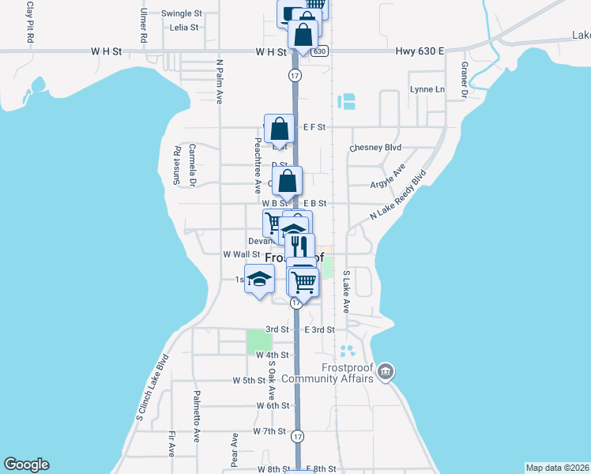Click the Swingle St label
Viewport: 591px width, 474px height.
tap(182, 13)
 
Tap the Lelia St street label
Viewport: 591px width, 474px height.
tap(183, 27)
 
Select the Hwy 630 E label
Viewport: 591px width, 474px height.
tap(419, 51)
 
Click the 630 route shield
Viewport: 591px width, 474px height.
tap(318, 51)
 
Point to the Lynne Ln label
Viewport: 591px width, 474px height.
tap(427, 89)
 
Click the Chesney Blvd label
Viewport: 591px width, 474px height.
tap(376, 148)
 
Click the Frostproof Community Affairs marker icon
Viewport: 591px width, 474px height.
tap(385, 371)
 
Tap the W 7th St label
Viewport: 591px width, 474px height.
tap(269, 431)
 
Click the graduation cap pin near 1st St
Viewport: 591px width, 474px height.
tap(259, 279)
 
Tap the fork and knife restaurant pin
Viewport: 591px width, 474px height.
tap(299, 245)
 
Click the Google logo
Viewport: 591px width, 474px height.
tap(26, 465)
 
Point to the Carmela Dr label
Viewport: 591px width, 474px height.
tap(192, 165)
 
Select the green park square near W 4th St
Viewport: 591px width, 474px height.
tap(259, 342)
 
